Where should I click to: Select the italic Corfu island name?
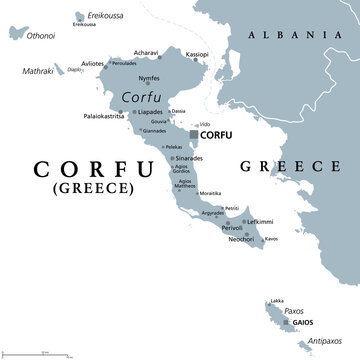pyautogui.click(x=139, y=96)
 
